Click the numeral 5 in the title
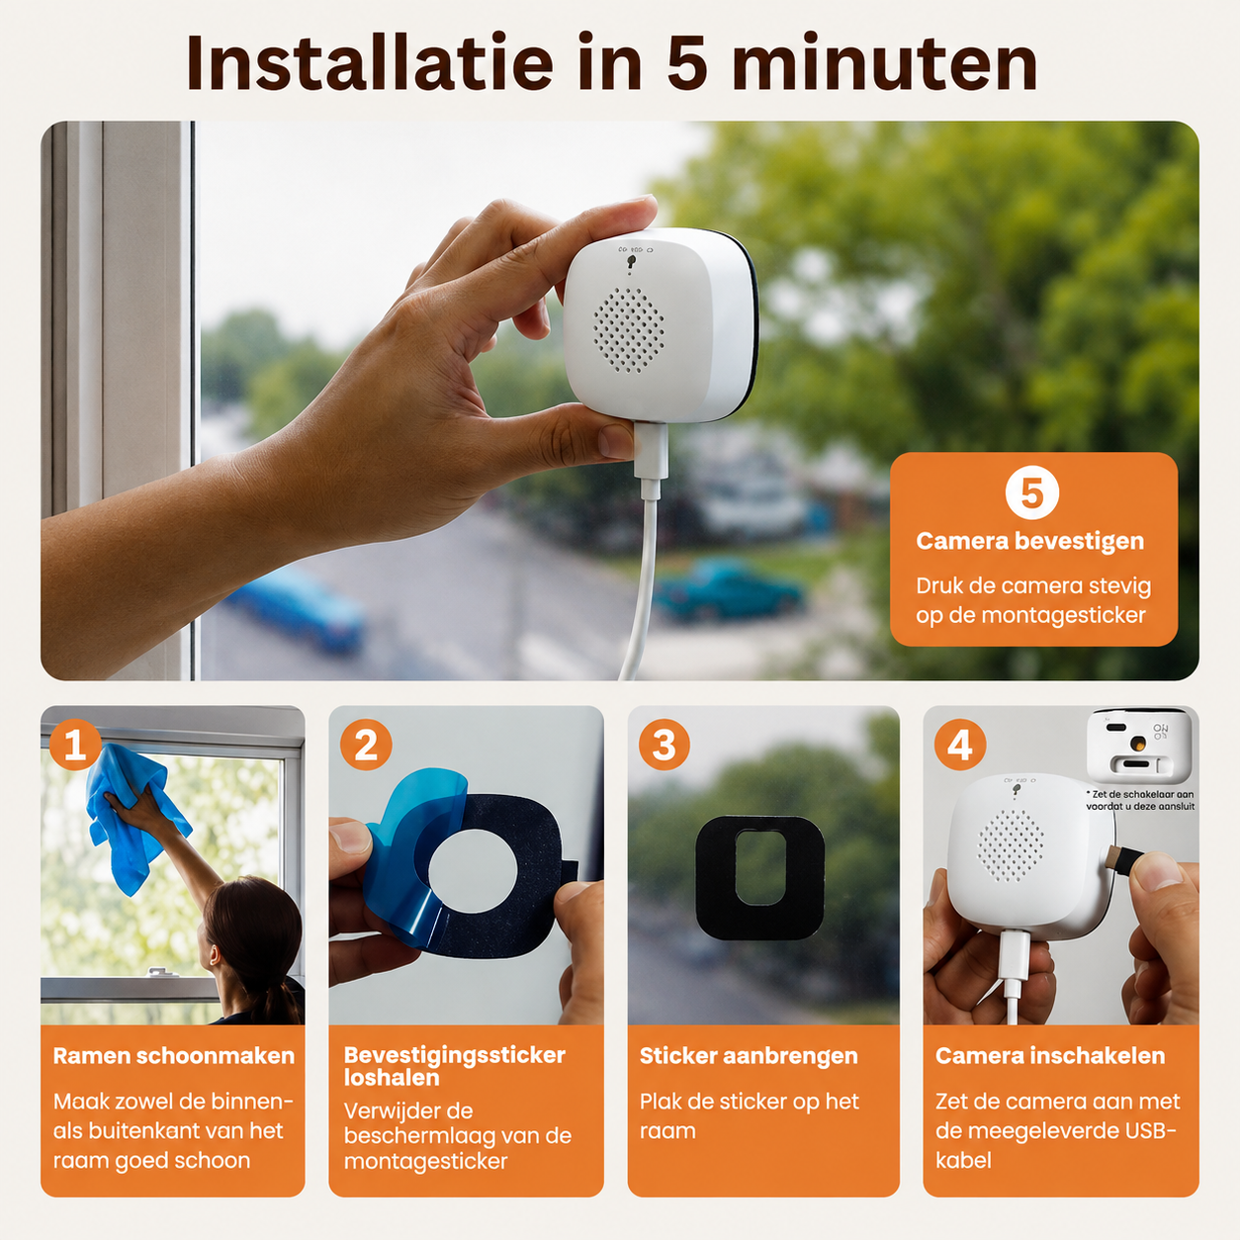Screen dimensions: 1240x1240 688,64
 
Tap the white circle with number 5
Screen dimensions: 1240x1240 1031,492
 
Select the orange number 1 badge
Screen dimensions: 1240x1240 75,746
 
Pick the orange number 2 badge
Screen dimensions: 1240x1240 366,746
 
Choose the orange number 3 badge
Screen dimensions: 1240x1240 664,746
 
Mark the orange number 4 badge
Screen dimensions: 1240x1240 960,746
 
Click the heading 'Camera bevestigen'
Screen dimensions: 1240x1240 1029,541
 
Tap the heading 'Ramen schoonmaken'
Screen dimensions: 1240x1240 174,1055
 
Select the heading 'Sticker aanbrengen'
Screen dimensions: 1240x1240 749,1056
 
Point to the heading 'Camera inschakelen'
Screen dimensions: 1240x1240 1050,1055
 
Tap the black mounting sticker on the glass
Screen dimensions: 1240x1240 760,877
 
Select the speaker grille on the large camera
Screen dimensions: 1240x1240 629,330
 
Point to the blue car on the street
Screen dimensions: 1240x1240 296,608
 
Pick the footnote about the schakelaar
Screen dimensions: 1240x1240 1139,800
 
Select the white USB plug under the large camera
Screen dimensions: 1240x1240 650,460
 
